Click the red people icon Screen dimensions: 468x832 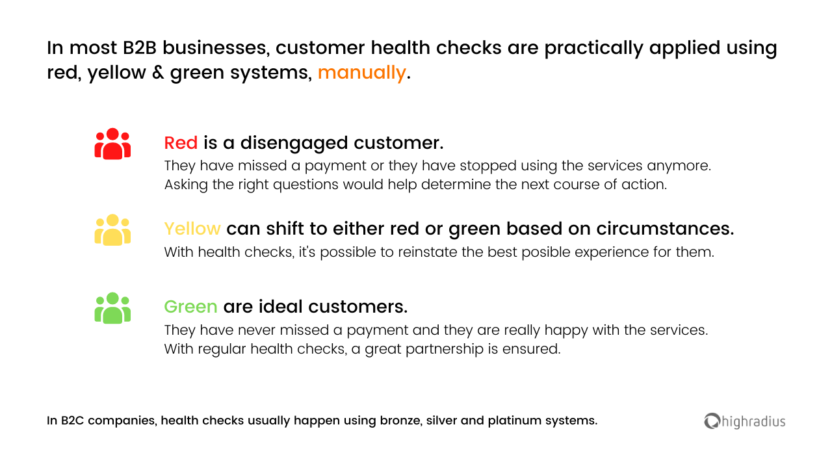[x=112, y=144]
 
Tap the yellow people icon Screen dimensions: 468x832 [x=112, y=229]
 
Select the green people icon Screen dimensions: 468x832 [x=112, y=308]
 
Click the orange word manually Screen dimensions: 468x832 [x=361, y=73]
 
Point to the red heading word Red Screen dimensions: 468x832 [x=181, y=143]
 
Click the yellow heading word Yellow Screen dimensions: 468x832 [x=192, y=229]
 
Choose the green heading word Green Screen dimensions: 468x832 [x=190, y=306]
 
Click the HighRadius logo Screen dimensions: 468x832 [x=745, y=421]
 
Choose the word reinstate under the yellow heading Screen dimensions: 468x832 [x=429, y=252]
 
